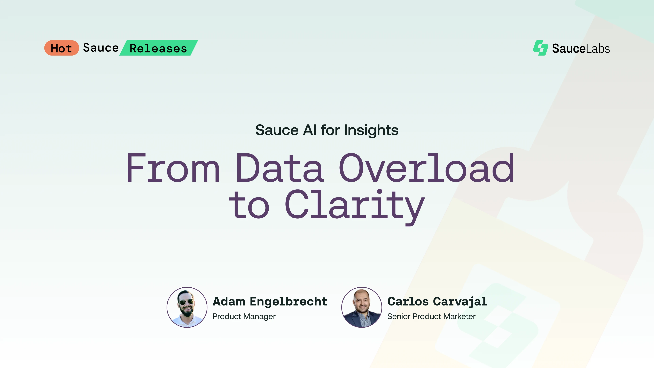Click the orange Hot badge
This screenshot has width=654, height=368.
click(x=61, y=48)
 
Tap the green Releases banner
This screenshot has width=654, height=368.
click(x=158, y=48)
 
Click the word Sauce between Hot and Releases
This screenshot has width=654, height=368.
click(x=101, y=48)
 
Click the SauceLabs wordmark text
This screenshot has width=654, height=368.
click(x=581, y=49)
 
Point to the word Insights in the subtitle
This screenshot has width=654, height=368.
click(x=371, y=130)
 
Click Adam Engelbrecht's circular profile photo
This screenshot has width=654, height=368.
click(x=187, y=307)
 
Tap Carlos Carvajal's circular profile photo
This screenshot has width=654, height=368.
click(x=362, y=307)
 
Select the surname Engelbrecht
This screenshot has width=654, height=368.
click(x=289, y=301)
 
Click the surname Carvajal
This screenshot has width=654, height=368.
click(x=460, y=301)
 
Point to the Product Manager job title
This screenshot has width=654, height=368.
click(x=244, y=316)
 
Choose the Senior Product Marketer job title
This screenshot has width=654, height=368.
click(x=431, y=316)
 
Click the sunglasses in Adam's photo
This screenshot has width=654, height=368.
click(x=186, y=302)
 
